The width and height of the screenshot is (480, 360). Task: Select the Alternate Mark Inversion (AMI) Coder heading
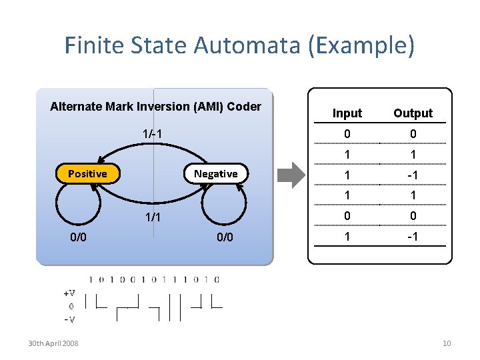[155, 107]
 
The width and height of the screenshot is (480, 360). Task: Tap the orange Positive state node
[87, 174]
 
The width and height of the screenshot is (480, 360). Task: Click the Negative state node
[215, 174]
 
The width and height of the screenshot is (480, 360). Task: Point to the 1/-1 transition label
[153, 134]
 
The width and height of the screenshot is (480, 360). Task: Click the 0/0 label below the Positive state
[79, 237]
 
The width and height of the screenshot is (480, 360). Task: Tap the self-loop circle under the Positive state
[78, 204]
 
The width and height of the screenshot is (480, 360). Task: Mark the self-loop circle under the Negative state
[225, 204]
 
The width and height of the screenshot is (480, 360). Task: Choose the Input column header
[347, 113]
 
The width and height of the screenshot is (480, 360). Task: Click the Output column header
[413, 113]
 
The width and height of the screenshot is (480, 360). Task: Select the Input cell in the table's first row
[347, 134]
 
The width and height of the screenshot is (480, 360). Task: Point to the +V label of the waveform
[69, 293]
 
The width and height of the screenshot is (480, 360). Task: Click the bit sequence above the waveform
[153, 279]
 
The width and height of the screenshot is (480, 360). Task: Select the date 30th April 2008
[53, 343]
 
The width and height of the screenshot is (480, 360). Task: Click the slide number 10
[447, 343]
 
